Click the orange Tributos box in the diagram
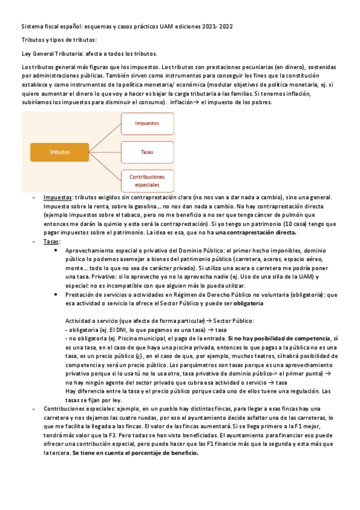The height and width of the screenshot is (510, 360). (59, 152)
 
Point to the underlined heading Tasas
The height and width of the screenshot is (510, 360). (50, 240)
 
